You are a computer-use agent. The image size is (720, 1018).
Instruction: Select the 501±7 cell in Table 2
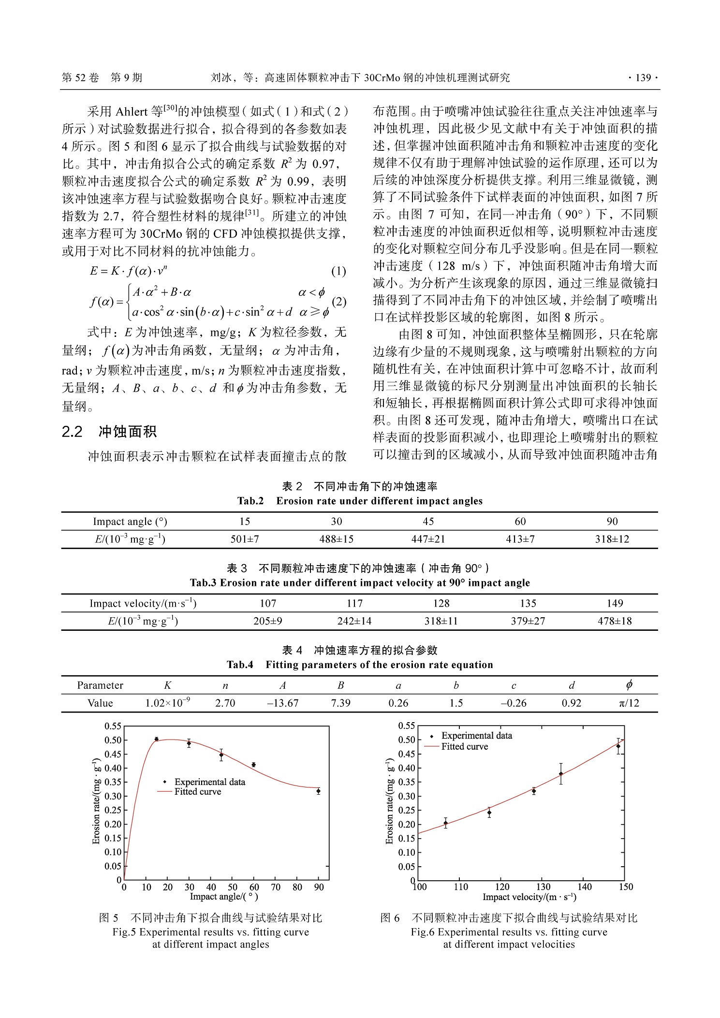245,539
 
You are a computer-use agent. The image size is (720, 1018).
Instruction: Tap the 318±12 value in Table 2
612,539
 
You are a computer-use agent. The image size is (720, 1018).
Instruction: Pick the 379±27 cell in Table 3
528,621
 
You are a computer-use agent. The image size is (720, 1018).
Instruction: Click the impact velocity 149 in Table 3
615,603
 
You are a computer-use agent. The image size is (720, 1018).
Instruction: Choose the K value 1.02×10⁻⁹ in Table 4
167,703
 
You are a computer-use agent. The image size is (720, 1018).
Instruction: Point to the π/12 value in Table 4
629,703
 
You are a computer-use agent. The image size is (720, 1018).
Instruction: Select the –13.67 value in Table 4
283,703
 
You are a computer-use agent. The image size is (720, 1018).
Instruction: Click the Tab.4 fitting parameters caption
360,665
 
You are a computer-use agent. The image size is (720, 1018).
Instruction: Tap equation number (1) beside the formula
338,271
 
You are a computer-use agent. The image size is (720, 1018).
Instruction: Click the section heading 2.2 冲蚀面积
109,432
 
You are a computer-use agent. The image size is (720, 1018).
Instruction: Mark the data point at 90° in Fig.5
318,791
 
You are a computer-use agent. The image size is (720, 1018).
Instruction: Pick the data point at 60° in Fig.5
253,765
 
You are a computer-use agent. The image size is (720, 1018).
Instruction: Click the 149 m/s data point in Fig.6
618,746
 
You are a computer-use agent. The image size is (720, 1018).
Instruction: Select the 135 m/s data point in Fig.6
561,774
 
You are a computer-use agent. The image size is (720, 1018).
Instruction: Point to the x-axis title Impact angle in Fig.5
224,897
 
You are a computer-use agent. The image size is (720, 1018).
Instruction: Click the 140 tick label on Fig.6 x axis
585,887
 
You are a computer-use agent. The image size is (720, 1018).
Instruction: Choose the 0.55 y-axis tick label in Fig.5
113,726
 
